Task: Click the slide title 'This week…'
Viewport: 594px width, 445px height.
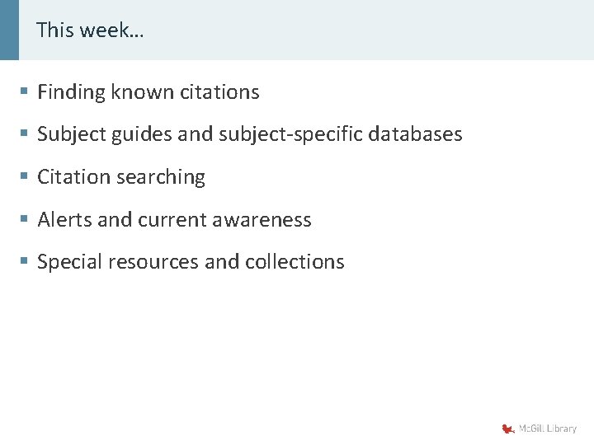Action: pyautogui.click(x=90, y=30)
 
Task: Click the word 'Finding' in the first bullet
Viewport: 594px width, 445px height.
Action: pyautogui.click(x=72, y=92)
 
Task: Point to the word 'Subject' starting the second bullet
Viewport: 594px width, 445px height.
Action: pyautogui.click(x=68, y=134)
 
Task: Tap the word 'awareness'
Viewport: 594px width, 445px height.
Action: pyautogui.click(x=262, y=220)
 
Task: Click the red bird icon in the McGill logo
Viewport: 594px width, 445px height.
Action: pyautogui.click(x=507, y=429)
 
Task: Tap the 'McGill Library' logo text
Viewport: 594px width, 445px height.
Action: pyautogui.click(x=548, y=429)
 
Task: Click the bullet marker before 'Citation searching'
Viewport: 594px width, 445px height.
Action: pyautogui.click(x=26, y=177)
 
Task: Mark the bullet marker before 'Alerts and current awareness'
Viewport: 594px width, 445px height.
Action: pyautogui.click(x=26, y=220)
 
